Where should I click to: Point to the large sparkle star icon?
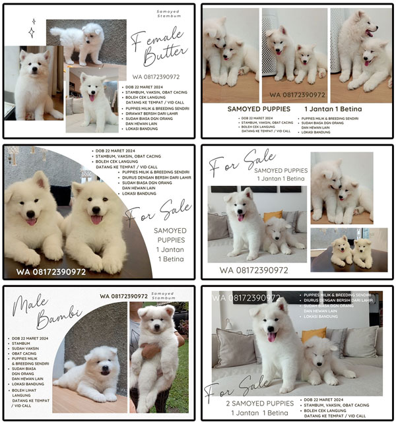tap(32, 27)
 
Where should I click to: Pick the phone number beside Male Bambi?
tap(124, 296)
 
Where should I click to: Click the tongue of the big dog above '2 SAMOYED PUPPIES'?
tap(271, 337)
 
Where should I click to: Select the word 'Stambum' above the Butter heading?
tap(168, 18)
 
